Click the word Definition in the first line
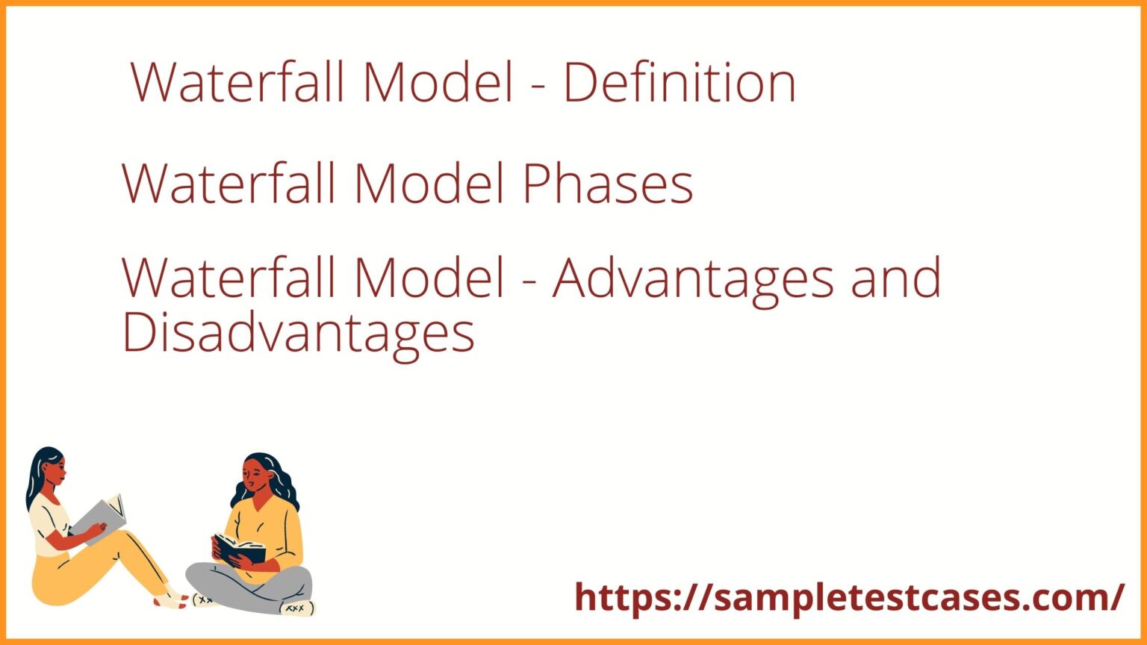[x=679, y=82]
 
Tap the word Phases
[x=608, y=184]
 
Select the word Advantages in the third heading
[x=692, y=278]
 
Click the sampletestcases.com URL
[x=849, y=597]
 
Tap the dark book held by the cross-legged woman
[x=240, y=549]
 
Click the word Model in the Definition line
[x=438, y=82]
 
